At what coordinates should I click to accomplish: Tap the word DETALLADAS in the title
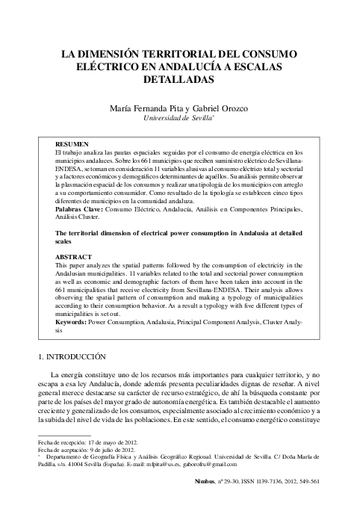pyautogui.click(x=179, y=78)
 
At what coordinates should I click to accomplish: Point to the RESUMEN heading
pyautogui.click(x=72, y=143)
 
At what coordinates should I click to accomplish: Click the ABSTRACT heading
pyautogui.click(x=74, y=255)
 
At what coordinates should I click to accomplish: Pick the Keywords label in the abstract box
pyautogui.click(x=77, y=321)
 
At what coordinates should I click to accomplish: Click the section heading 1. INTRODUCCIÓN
pyautogui.click(x=78, y=358)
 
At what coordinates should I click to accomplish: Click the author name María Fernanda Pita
pyautogui.click(x=146, y=108)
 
